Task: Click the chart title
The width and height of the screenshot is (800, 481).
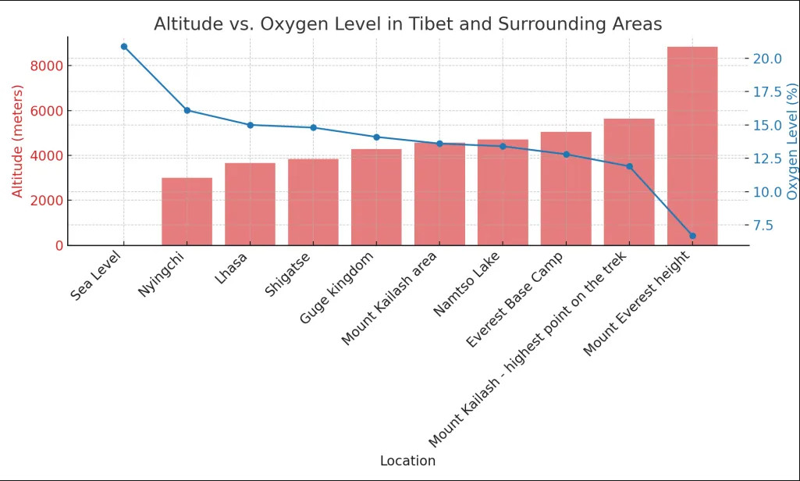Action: [407, 24]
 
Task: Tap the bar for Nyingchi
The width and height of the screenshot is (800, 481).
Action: [187, 212]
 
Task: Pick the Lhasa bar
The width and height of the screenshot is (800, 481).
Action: [251, 204]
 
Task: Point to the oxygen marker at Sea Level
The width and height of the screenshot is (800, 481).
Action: [124, 47]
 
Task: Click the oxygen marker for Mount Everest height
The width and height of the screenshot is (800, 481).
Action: [692, 236]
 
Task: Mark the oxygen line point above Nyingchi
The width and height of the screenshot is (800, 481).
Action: [187, 110]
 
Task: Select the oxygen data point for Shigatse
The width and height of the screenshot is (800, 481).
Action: [313, 127]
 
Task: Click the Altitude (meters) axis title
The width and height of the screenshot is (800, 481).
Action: [17, 141]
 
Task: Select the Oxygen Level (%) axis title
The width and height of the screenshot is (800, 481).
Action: [792, 141]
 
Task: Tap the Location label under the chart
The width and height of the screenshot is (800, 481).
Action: [407, 461]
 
